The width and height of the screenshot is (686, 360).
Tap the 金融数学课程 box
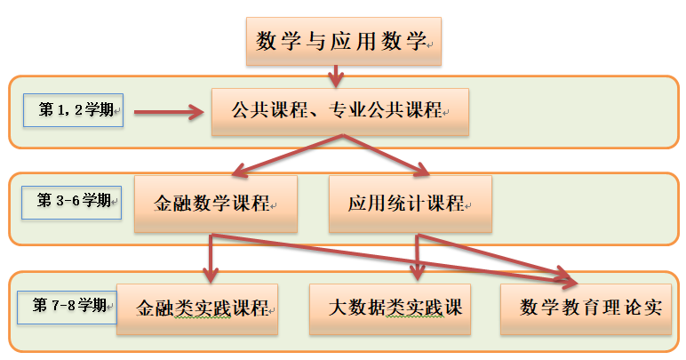216,204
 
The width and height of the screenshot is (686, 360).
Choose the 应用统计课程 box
410,204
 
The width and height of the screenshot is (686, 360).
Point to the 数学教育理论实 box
586,309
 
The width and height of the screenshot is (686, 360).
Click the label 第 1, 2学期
73,110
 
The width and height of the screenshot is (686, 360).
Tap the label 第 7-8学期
67,306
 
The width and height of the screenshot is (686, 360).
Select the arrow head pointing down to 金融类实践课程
211,272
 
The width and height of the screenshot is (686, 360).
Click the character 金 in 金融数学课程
164,204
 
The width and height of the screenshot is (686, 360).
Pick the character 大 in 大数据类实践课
337,309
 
